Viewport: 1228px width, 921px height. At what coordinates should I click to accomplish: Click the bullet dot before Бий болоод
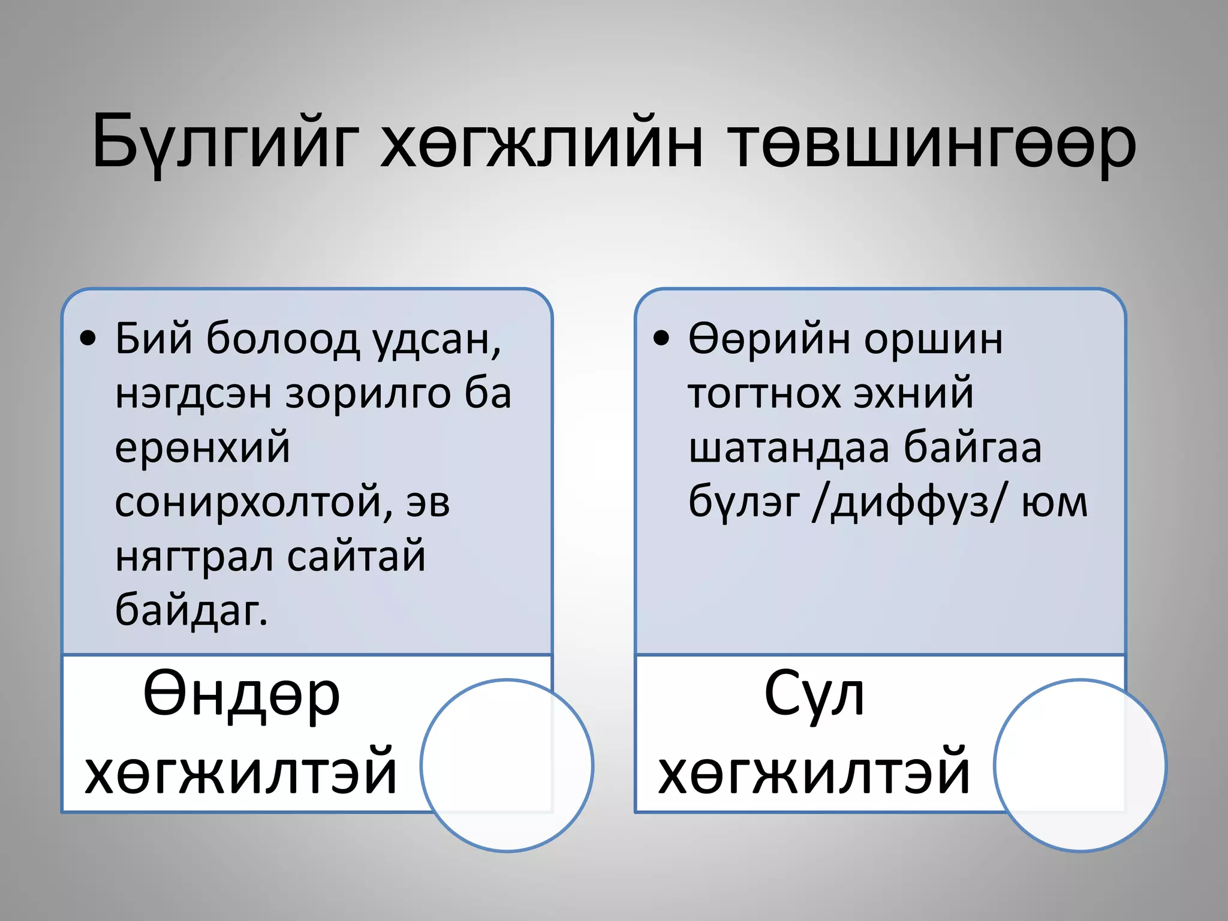[88, 339]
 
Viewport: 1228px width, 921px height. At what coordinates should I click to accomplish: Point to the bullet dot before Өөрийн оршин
[661, 339]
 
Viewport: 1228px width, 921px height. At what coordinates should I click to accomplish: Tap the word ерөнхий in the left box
[202, 448]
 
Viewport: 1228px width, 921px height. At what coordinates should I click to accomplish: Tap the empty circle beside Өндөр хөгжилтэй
[507, 766]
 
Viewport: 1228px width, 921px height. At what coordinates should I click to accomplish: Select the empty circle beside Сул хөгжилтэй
[1080, 766]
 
